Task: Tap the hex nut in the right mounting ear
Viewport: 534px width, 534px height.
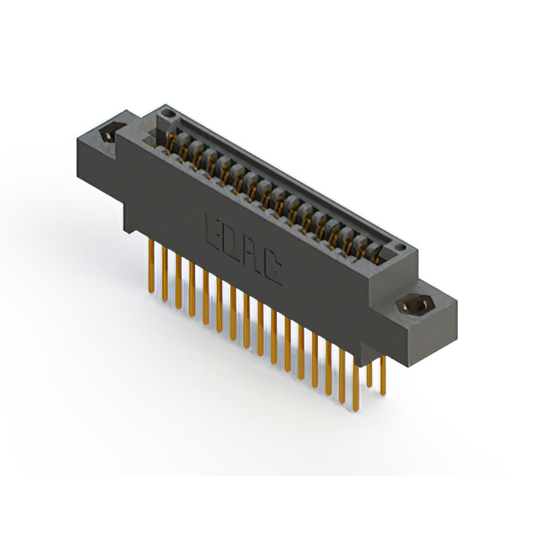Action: [415, 305]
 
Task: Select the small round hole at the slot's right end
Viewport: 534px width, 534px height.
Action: [401, 248]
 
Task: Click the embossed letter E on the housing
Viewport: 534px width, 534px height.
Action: [213, 228]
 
